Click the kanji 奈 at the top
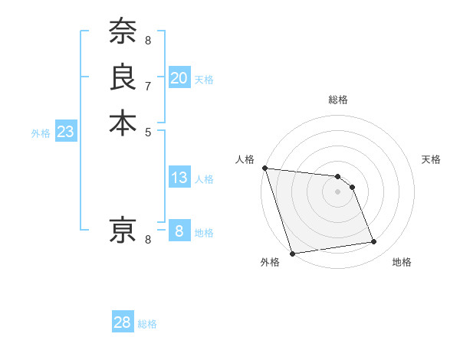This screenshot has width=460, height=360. [123, 31]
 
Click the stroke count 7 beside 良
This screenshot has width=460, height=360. [148, 85]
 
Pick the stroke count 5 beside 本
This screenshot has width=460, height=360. [148, 131]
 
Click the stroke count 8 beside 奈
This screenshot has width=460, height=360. [148, 39]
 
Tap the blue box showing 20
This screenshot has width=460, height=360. [179, 78]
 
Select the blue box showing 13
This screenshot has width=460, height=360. [179, 178]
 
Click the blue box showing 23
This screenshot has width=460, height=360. [66, 132]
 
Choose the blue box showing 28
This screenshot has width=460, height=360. [123, 322]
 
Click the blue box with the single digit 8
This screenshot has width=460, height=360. [179, 231]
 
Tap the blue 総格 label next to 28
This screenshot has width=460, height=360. [147, 324]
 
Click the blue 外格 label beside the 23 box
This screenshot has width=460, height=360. [41, 133]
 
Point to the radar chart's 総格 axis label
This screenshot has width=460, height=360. [337, 100]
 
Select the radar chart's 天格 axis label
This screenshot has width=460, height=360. [431, 159]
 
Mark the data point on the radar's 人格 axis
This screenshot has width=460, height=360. [264, 168]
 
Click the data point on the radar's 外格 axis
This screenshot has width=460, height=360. [292, 254]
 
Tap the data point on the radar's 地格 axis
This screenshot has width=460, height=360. [374, 242]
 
